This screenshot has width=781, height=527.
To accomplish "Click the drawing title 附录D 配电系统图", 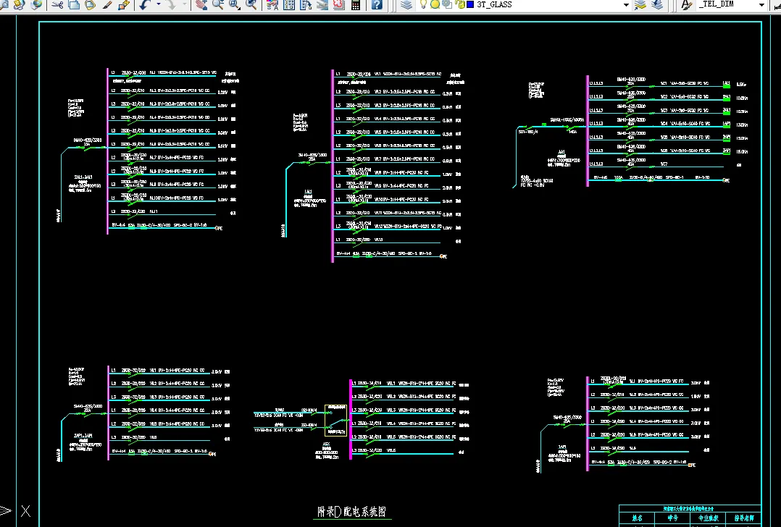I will click(352, 512).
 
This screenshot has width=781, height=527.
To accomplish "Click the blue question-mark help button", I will click(377, 4).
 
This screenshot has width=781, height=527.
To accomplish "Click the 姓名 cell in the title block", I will click(637, 518).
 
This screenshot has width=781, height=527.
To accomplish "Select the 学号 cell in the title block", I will click(672, 518).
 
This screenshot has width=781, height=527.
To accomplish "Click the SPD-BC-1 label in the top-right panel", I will click(674, 177).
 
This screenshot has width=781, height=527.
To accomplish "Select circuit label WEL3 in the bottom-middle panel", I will click(391, 410).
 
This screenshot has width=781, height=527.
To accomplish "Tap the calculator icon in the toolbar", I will click(356, 4).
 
